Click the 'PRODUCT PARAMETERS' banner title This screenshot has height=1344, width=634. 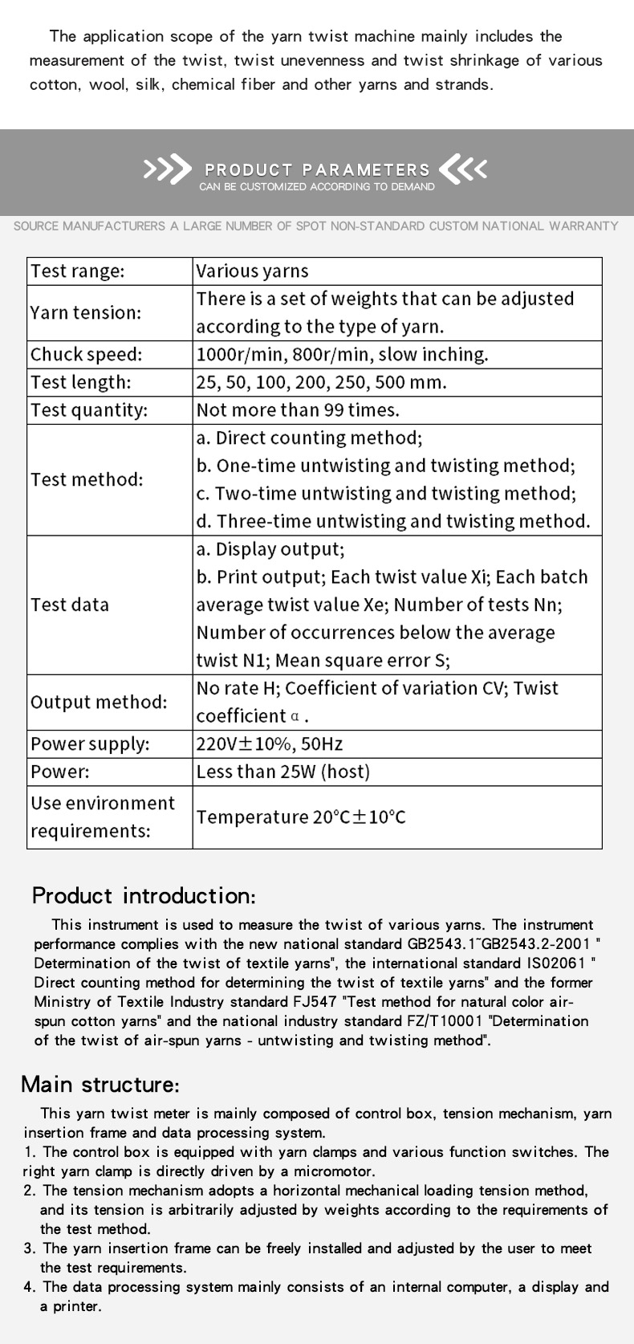[x=317, y=169]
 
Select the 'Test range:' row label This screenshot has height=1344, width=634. [x=77, y=271]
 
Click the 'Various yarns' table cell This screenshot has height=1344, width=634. [x=252, y=271]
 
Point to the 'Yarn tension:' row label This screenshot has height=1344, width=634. [x=85, y=312]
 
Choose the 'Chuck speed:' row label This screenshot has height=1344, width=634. [x=85, y=354]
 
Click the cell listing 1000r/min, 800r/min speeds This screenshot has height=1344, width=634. [x=342, y=354]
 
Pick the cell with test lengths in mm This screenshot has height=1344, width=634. [x=321, y=382]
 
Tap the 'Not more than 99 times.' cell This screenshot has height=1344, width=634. [x=298, y=410]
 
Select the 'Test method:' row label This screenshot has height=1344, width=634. [x=87, y=479]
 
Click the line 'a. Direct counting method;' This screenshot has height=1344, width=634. [x=309, y=438]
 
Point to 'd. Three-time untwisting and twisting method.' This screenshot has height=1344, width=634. [x=393, y=521]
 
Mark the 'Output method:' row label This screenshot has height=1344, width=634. [x=99, y=702]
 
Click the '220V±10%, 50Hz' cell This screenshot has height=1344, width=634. [x=270, y=744]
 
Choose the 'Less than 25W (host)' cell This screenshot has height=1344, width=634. [x=283, y=772]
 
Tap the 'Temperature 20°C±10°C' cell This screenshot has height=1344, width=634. [x=301, y=817]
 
